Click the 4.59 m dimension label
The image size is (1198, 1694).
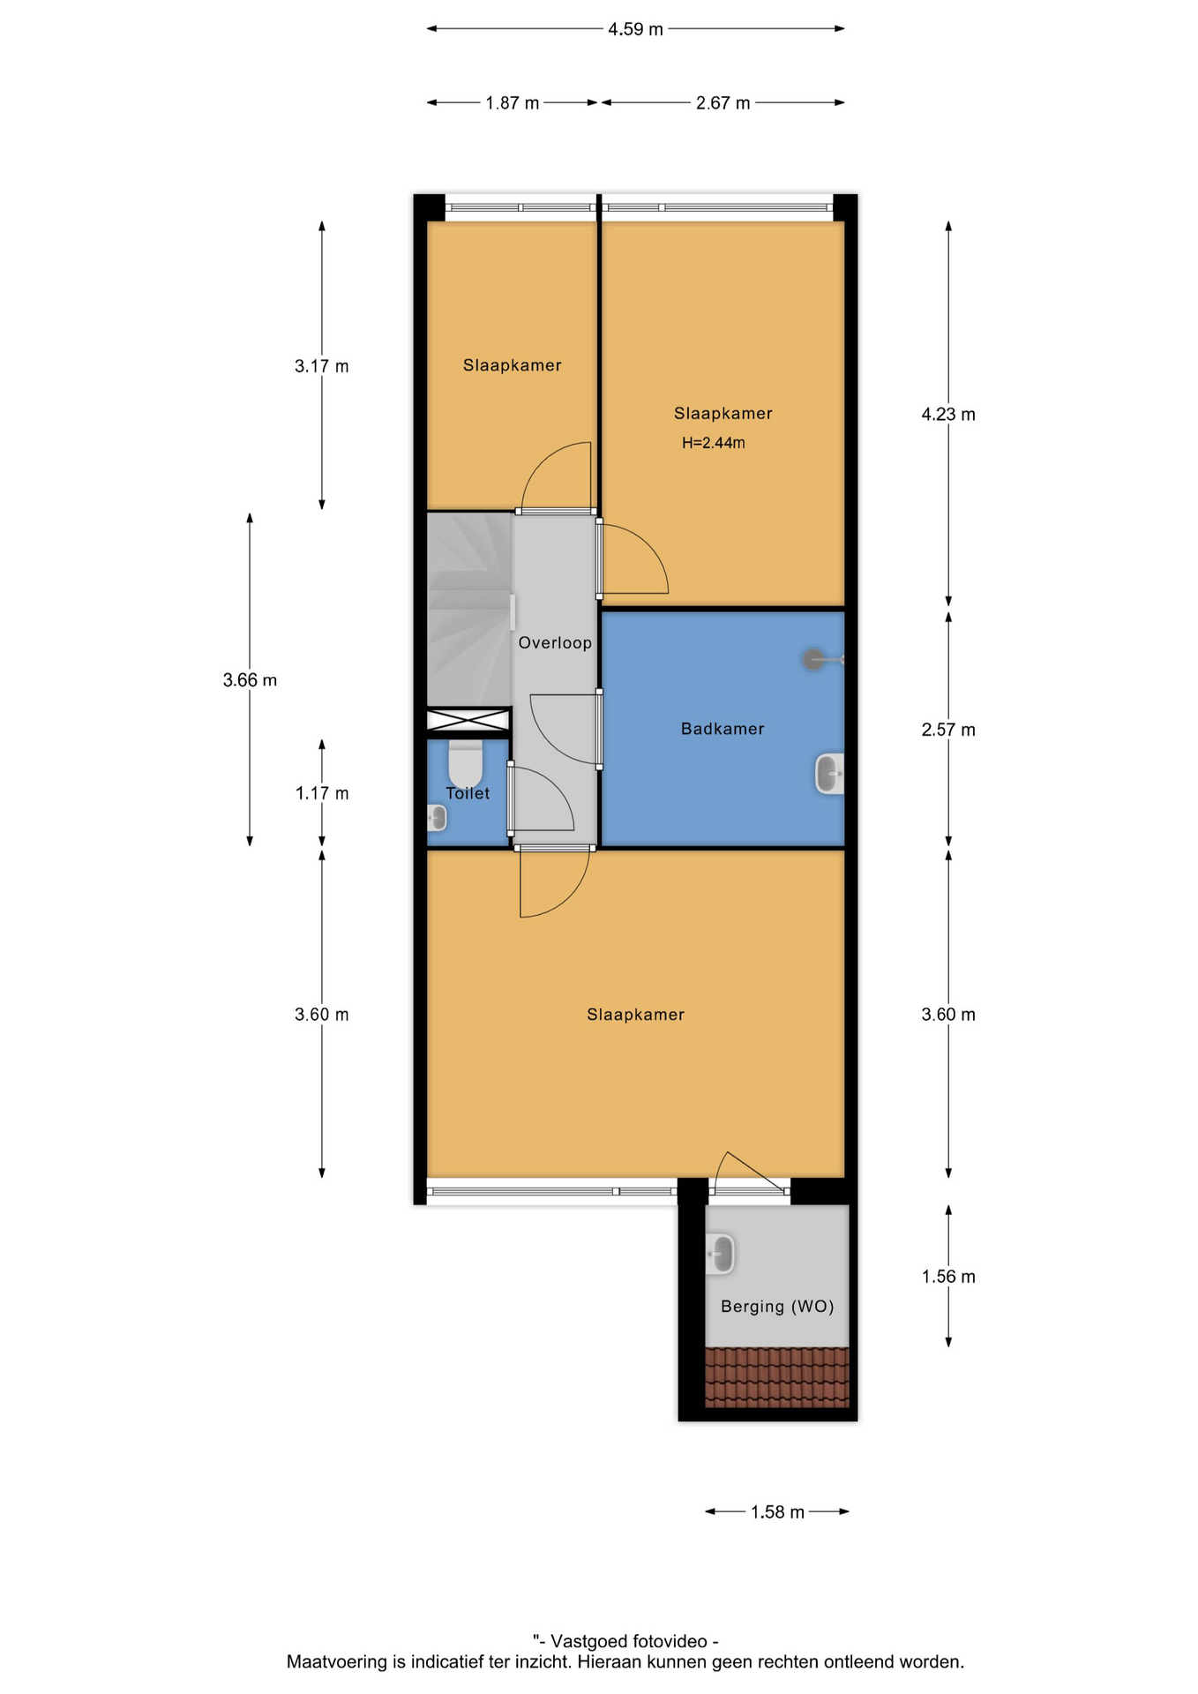coord(635,29)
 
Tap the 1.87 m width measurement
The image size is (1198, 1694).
coord(512,103)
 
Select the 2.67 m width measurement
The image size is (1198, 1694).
coord(723,103)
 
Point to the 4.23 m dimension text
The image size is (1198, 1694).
coord(948,414)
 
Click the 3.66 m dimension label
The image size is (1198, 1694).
coord(250,680)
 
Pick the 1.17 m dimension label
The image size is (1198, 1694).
coord(322,793)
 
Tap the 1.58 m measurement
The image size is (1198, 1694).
coord(777,1512)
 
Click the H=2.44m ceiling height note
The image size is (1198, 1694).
coord(714,443)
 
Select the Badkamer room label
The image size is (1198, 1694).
coord(723,729)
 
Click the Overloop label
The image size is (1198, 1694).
coord(555,642)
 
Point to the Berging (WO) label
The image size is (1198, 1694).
coord(777,1307)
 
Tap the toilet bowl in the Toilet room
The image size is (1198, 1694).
coord(466,761)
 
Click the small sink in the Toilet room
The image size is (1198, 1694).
coord(437,818)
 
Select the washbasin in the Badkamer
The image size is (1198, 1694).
coord(829,774)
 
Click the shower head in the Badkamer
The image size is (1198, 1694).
coord(813,659)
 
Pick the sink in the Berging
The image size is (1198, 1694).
coord(721,1254)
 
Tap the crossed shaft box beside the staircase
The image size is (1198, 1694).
coord(468,720)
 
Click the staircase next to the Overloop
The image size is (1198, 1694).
coord(469,610)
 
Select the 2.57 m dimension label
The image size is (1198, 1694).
coord(948,730)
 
